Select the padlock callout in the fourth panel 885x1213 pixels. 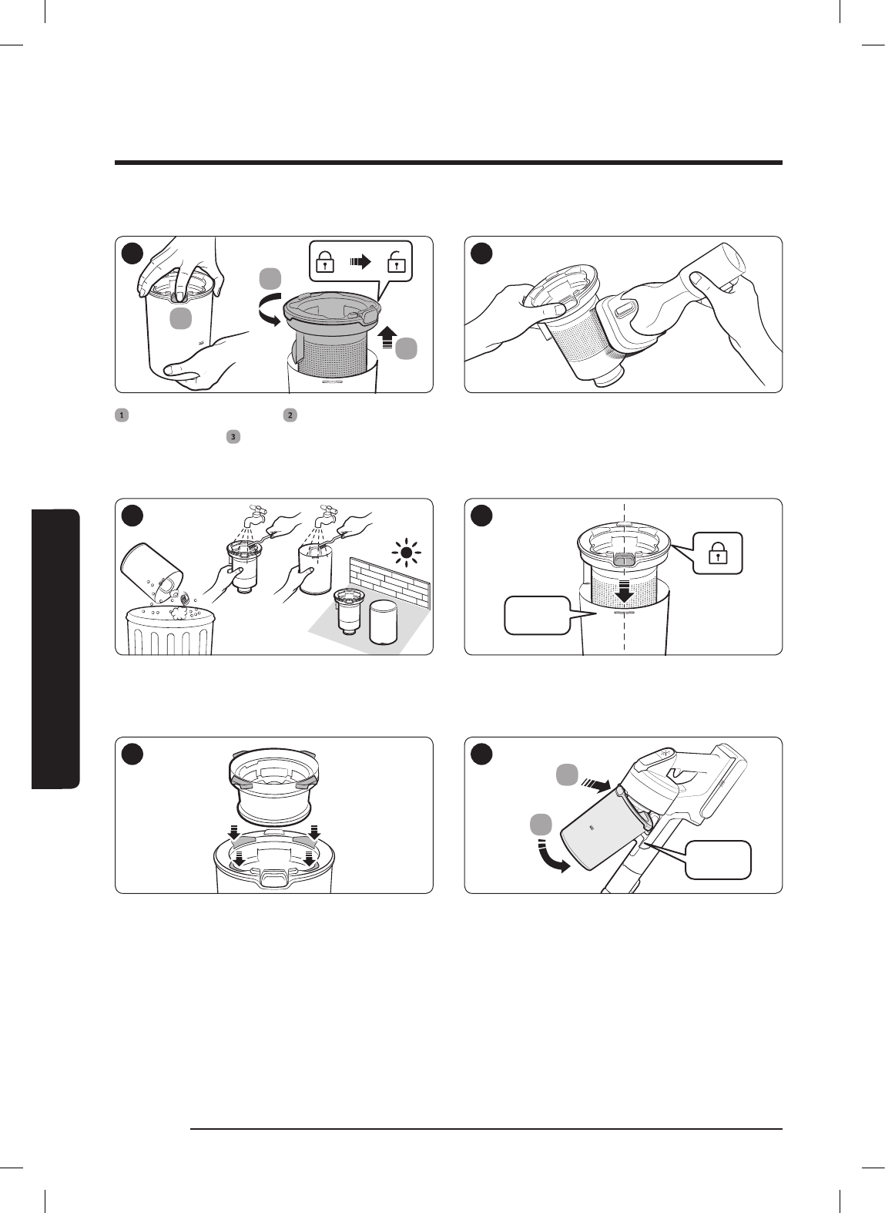[x=717, y=553]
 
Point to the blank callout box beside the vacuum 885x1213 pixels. [x=720, y=860]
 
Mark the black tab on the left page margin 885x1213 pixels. [x=55, y=648]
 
